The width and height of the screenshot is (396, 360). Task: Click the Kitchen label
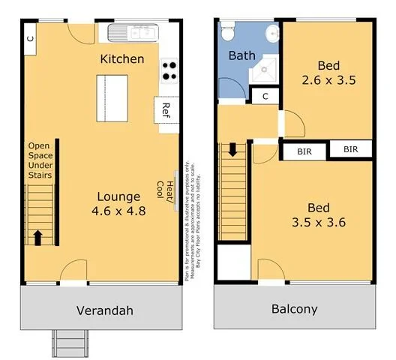pyautogui.click(x=122, y=58)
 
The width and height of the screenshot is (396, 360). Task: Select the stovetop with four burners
pyautogui.click(x=169, y=70)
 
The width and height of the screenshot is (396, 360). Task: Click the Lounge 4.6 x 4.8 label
pyautogui.click(x=118, y=203)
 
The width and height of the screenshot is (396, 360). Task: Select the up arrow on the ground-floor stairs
pyautogui.click(x=37, y=237)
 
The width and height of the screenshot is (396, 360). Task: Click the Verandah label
pyautogui.click(x=104, y=310)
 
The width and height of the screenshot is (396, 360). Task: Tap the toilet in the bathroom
pyautogui.click(x=227, y=33)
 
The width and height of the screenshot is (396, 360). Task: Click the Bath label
pyautogui.click(x=241, y=55)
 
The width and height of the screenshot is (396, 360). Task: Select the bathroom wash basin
pyautogui.click(x=272, y=33)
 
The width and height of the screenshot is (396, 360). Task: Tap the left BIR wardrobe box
pyautogui.click(x=304, y=151)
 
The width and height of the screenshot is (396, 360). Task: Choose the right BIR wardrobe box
pyautogui.click(x=351, y=150)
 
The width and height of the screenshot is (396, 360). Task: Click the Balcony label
pyautogui.click(x=294, y=309)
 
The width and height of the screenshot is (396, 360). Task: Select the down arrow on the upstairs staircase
pyautogui.click(x=232, y=148)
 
